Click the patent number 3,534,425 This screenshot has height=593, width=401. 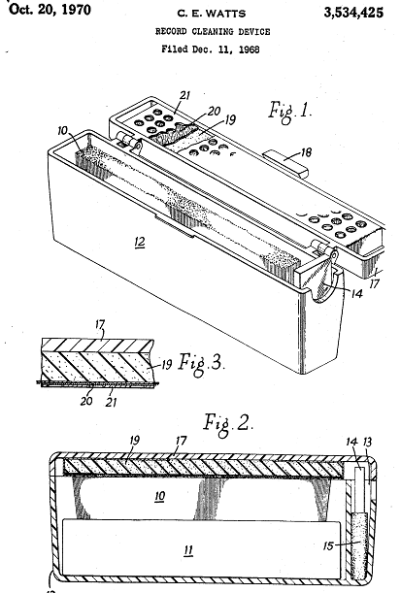click(353, 13)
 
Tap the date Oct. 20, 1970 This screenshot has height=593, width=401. click(50, 9)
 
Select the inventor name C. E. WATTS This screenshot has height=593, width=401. click(212, 14)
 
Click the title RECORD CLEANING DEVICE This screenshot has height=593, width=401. click(213, 31)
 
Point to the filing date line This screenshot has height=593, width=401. click(211, 49)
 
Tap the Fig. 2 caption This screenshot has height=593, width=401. click(228, 423)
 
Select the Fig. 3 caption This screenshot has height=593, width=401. click(201, 364)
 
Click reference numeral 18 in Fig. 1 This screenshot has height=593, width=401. click(306, 152)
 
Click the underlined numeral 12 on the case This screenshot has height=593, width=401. click(140, 242)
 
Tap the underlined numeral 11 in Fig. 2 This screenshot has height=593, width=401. click(188, 550)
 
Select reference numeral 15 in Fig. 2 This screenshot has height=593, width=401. click(329, 545)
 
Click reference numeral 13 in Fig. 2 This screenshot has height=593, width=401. click(367, 442)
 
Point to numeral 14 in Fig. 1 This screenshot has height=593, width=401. click(356, 293)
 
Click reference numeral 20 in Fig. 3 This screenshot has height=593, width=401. click(86, 401)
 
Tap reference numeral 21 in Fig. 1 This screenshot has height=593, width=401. click(184, 95)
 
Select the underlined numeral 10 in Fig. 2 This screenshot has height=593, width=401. click(159, 496)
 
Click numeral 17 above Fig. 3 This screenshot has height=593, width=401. click(100, 324)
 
